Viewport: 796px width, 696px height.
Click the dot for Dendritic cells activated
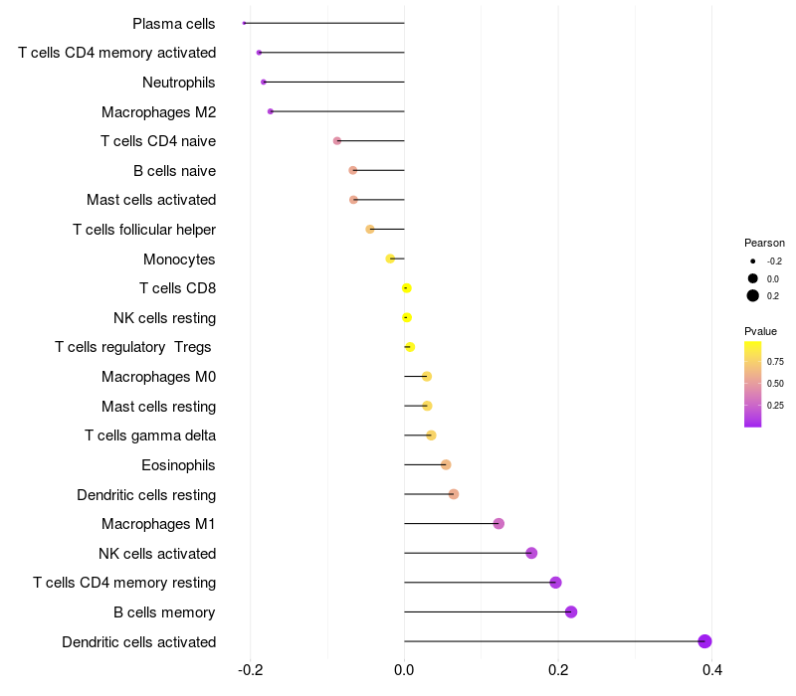click(x=704, y=641)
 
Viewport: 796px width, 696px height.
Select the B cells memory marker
click(x=571, y=611)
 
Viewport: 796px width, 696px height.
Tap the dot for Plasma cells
click(x=244, y=23)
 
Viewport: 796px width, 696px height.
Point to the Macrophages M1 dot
click(x=498, y=524)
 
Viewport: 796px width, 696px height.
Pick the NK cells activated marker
click(x=531, y=553)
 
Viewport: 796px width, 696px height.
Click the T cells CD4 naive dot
click(x=337, y=141)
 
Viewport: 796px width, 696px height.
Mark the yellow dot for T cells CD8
click(x=406, y=288)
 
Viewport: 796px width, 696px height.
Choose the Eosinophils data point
click(x=446, y=464)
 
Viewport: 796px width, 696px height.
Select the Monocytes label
click(x=179, y=260)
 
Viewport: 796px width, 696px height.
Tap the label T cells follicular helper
click(x=144, y=230)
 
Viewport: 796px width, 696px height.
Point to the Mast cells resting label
click(x=158, y=407)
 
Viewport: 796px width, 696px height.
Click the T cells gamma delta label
click(x=150, y=435)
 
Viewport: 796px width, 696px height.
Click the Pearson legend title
click(x=764, y=243)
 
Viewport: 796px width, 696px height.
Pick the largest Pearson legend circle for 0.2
click(x=753, y=295)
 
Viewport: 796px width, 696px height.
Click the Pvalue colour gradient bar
click(x=753, y=384)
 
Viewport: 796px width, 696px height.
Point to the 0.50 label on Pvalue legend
click(x=775, y=383)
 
